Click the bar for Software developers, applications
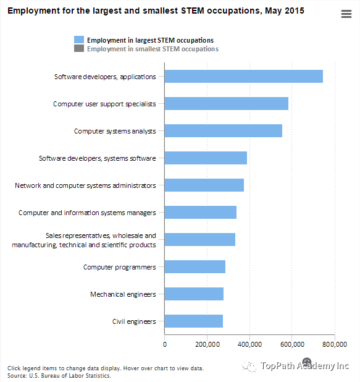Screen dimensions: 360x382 coord(244,76)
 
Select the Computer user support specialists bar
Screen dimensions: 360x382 coord(227,104)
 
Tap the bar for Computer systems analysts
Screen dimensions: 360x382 coord(224,131)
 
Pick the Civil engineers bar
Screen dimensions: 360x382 coord(194,321)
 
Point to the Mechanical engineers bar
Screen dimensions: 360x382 coord(194,294)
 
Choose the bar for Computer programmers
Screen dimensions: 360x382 coord(195,267)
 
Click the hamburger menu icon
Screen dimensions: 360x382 coord(346,14)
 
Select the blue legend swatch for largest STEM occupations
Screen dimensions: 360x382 coord(79,40)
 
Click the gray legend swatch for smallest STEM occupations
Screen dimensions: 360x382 coord(79,48)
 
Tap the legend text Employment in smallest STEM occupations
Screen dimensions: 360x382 coord(153,49)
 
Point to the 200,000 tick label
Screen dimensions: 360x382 coord(207,344)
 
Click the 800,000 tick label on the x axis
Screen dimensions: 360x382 coord(335,344)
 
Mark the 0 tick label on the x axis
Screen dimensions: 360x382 coord(165,344)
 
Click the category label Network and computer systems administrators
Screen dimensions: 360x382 coord(85,185)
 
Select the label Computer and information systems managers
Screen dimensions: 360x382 coord(87,213)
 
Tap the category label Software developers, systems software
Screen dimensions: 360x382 coord(98,158)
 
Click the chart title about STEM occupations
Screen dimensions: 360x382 coord(156,11)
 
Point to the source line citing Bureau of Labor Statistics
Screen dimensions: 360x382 coord(59,376)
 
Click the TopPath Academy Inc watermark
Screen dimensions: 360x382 coord(295,365)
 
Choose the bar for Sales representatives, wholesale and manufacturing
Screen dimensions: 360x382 coord(200,239)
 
